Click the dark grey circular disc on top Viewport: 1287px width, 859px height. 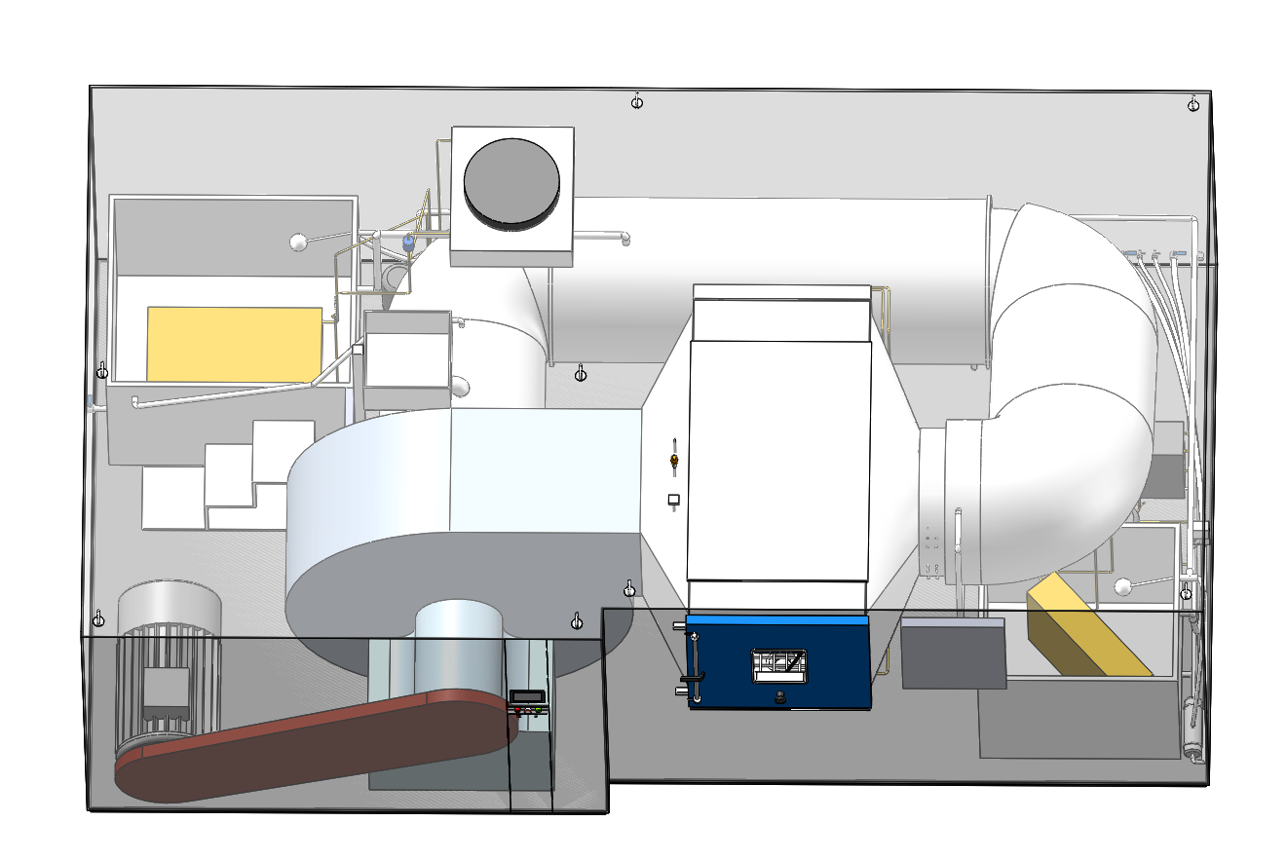coord(511,181)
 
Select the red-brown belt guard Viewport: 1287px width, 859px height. coord(312,745)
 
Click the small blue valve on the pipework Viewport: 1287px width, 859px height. coord(408,240)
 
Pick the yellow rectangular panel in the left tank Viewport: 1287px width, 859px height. coord(234,344)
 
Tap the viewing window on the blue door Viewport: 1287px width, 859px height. coord(780,665)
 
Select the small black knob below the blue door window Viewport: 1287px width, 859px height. coord(779,697)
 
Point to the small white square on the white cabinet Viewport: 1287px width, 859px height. coord(673,501)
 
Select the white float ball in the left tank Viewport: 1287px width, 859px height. coord(298,243)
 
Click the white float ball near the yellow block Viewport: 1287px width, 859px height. coord(1123,586)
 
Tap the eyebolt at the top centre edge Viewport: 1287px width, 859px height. coord(637,101)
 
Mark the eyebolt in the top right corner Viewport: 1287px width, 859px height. coord(1193,104)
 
